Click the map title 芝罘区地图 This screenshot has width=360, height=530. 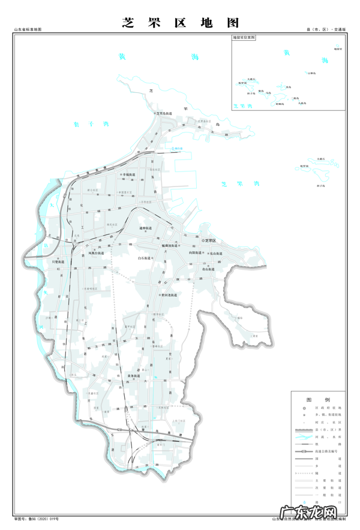pos(181,23)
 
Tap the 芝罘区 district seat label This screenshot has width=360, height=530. pos(209,240)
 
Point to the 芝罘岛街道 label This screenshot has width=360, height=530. pos(164,113)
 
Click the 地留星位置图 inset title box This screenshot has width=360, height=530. pos(244,37)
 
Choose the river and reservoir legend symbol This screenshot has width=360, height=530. pos(305,437)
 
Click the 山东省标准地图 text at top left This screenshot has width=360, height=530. pos(28,29)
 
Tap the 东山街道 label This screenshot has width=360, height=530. pos(216,254)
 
